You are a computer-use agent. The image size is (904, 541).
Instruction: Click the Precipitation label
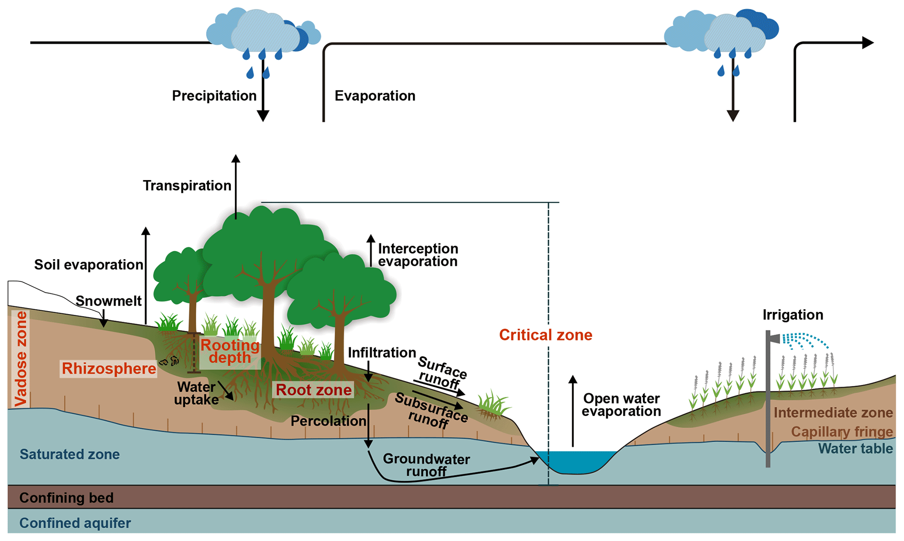tap(214, 96)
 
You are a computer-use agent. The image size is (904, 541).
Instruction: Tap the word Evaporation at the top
tap(375, 96)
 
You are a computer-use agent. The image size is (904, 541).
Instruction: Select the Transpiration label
tap(187, 185)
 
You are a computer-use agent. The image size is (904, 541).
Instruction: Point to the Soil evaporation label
tap(88, 264)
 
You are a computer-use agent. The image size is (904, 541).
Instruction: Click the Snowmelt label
tap(108, 301)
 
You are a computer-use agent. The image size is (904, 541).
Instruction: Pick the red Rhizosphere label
tap(109, 368)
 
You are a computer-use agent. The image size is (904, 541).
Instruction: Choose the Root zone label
tap(314, 389)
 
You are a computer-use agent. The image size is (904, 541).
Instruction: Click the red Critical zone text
tap(545, 335)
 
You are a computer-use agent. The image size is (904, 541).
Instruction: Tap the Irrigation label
tap(792, 315)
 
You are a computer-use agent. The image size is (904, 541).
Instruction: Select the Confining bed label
tap(66, 497)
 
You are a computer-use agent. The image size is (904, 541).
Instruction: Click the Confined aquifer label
tap(75, 523)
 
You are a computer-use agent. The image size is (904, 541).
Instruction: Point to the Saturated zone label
tap(70, 454)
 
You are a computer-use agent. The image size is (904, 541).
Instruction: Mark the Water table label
tap(855, 448)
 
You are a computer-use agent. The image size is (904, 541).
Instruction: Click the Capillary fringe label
tap(841, 431)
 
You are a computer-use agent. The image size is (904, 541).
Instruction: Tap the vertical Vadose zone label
tap(21, 358)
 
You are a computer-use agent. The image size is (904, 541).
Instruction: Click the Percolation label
tap(328, 421)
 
